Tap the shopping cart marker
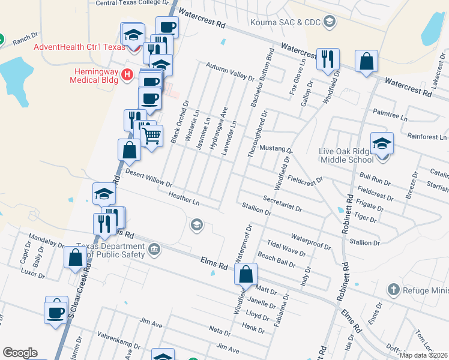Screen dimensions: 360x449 [151, 136]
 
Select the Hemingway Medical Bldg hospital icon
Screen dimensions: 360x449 [127, 74]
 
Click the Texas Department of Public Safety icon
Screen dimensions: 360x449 [154, 249]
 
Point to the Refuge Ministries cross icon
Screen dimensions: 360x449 [393, 290]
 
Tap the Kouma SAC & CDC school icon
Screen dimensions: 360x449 [329, 22]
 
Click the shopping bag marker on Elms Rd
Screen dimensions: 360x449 [246, 275]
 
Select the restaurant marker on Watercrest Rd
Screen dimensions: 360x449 [328, 59]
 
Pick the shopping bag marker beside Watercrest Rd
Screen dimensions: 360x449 [366, 61]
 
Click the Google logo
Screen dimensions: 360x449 [20, 353]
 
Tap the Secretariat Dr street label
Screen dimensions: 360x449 [282, 202]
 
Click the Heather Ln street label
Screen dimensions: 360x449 [184, 199]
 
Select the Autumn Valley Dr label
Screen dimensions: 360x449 [231, 71]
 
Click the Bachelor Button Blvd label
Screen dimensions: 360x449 [262, 77]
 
